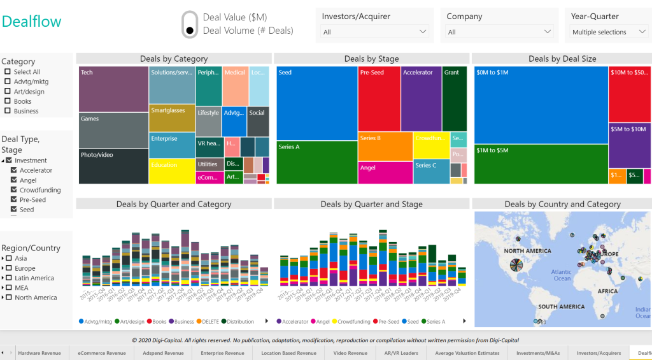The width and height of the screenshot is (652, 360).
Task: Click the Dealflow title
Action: (32, 21)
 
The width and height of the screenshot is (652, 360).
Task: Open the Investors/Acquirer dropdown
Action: (375, 32)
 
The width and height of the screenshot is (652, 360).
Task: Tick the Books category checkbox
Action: (8, 101)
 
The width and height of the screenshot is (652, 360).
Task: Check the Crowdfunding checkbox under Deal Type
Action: (14, 190)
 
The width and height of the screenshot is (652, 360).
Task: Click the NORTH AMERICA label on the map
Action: (527, 251)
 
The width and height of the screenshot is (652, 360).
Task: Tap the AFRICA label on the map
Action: (607, 291)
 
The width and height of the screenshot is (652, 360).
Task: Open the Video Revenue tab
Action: (350, 353)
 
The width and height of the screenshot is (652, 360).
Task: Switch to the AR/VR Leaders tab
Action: (400, 353)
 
